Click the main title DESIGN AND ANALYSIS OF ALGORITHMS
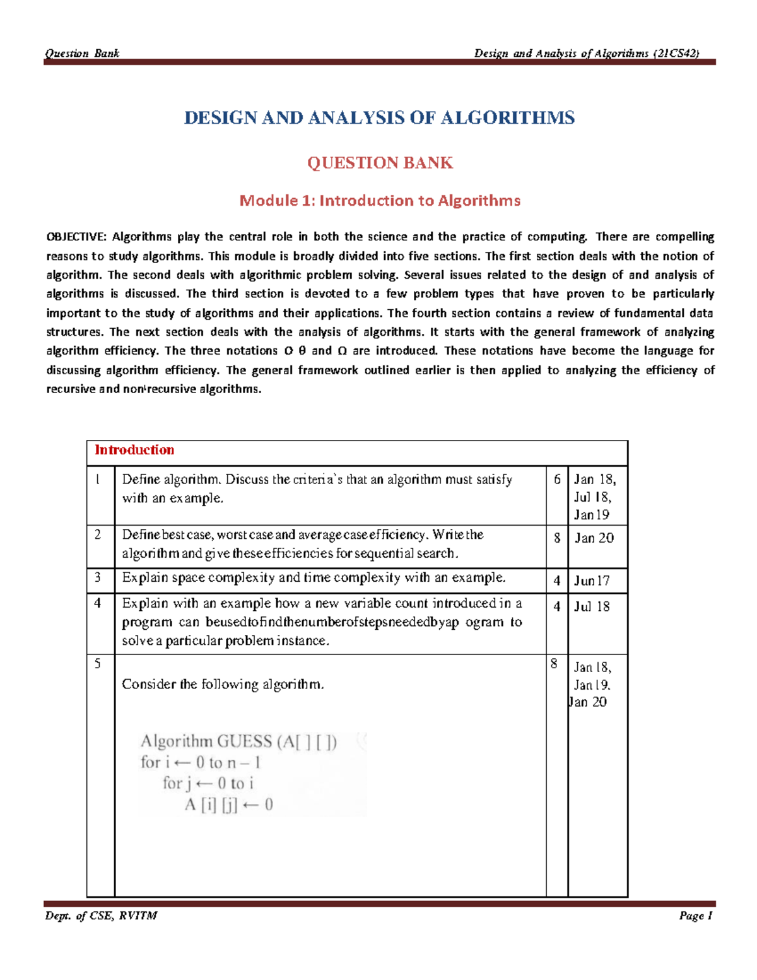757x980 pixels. click(x=379, y=118)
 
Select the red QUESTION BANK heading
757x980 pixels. click(x=380, y=163)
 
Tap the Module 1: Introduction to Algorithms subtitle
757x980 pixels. click(x=380, y=201)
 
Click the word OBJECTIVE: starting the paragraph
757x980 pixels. click(x=76, y=237)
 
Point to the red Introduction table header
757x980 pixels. click(x=134, y=450)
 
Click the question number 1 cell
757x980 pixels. click(x=98, y=480)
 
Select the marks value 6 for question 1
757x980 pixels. click(x=557, y=480)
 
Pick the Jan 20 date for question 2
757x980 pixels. click(x=594, y=538)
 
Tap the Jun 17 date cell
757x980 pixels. click(x=592, y=581)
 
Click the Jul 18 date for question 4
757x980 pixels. click(x=592, y=607)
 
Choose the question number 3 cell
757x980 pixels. click(x=98, y=577)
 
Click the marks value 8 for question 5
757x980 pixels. click(x=554, y=664)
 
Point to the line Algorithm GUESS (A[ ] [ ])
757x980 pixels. click(x=238, y=741)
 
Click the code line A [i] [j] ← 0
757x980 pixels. click(x=228, y=805)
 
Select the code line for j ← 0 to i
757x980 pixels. click(x=208, y=784)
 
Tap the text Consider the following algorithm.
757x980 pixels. click(x=223, y=685)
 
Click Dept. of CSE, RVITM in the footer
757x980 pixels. click(x=101, y=916)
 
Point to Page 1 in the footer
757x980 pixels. click(x=695, y=916)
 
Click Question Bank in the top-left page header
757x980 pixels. click(x=82, y=54)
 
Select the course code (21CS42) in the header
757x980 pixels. click(x=676, y=54)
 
